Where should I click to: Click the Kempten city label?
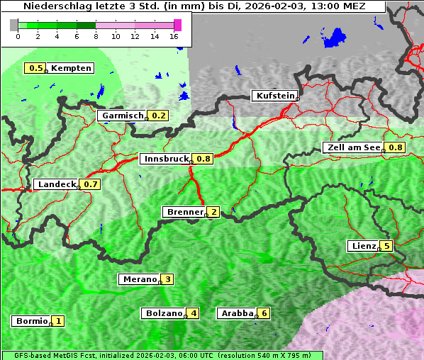point(70,68)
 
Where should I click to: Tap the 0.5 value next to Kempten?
point(35,68)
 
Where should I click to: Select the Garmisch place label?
point(122,116)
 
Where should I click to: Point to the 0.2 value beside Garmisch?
point(159,116)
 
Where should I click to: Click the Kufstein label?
point(274,96)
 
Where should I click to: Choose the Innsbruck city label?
point(165,159)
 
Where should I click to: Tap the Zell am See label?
point(352,147)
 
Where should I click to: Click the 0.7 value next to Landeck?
point(91,184)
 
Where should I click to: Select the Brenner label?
point(184,212)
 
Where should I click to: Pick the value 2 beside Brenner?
point(213,212)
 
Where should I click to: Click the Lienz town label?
point(362,247)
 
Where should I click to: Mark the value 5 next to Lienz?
point(386,247)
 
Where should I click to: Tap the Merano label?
point(139,279)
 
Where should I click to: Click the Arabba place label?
point(237,313)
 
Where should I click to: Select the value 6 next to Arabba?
point(264,313)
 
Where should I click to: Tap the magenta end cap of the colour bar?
point(177,25)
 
